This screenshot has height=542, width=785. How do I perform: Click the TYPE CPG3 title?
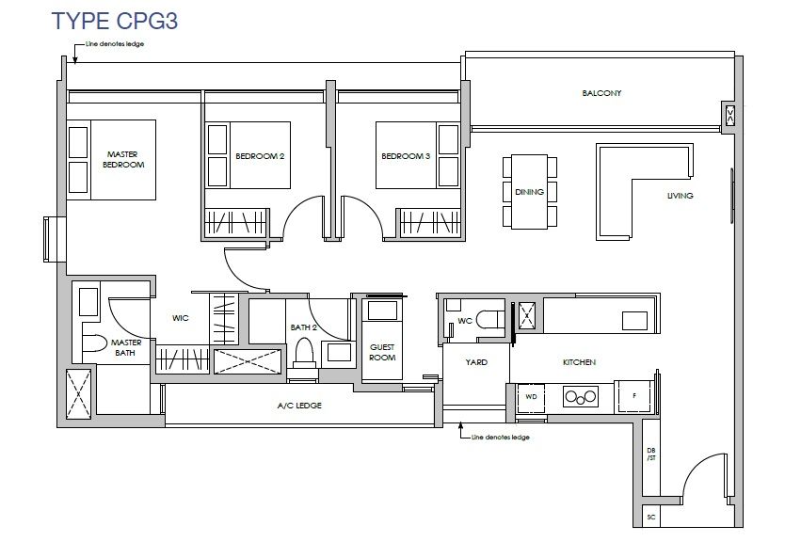click(x=115, y=21)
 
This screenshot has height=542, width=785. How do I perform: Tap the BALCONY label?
click(x=601, y=93)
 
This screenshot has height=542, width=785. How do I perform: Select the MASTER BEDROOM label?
click(x=123, y=159)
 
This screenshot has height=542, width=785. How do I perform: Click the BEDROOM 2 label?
click(x=260, y=156)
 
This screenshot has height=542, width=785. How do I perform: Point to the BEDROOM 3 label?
click(x=406, y=156)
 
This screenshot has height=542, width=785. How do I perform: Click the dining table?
click(x=530, y=192)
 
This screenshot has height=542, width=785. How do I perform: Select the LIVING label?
click(x=680, y=196)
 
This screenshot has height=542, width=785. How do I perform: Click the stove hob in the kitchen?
click(x=581, y=397)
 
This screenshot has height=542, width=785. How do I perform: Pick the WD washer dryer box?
click(x=531, y=397)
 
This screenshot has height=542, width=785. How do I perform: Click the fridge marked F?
click(x=634, y=396)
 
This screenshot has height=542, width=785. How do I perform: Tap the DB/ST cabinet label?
click(x=650, y=454)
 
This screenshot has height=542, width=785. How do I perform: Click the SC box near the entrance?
click(x=650, y=517)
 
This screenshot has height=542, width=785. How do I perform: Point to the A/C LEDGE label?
click(x=299, y=406)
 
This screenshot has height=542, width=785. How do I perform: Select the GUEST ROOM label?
click(x=382, y=352)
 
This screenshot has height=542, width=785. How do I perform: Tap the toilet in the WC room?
click(x=489, y=319)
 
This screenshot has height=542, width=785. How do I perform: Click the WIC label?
click(x=180, y=318)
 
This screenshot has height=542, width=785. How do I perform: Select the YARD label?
click(x=476, y=362)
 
